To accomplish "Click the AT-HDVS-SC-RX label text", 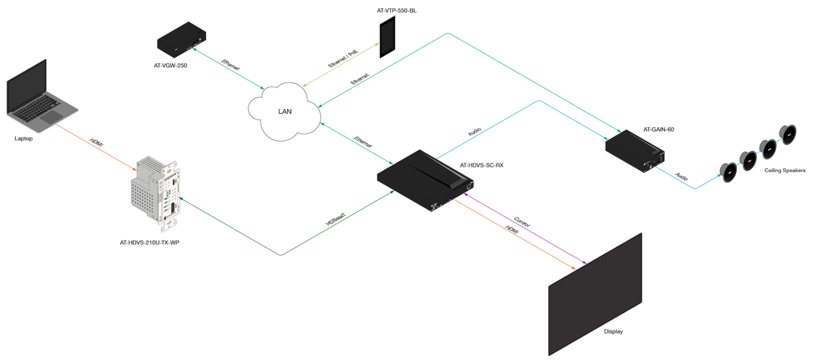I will [482, 165].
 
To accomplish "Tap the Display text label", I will [613, 332].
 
